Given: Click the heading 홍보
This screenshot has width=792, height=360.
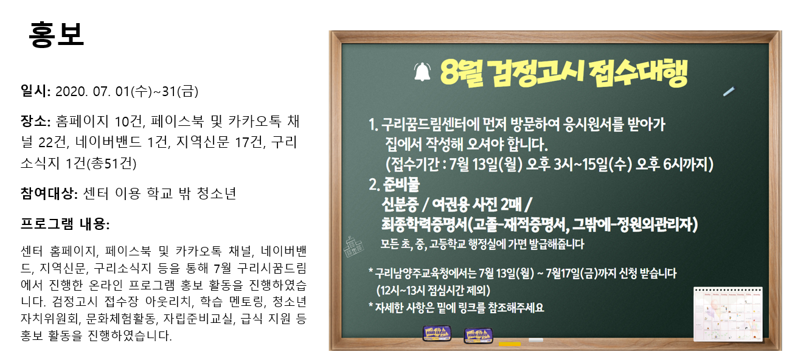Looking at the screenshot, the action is (x=57, y=34).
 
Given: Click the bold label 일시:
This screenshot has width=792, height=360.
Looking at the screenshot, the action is (x=36, y=91).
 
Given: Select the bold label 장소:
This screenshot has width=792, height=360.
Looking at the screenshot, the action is (x=36, y=121).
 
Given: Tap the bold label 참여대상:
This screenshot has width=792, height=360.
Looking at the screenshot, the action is (x=49, y=193).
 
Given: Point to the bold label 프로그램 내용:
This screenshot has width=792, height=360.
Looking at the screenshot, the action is (x=65, y=224).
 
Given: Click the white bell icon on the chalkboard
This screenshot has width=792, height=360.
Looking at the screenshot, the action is (x=422, y=72).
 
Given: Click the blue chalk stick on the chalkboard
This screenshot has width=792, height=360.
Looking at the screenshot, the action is (x=729, y=92).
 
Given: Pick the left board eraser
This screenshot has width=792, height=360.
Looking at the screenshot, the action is (x=437, y=333).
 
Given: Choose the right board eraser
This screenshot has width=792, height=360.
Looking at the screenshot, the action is (x=478, y=336).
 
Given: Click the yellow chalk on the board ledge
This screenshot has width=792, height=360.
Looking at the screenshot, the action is (x=510, y=344).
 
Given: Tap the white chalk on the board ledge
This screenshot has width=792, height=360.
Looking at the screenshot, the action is (x=536, y=340).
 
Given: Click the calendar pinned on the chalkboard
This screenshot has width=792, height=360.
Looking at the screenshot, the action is (x=728, y=314).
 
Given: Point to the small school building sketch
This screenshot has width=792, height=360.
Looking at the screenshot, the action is (x=353, y=246).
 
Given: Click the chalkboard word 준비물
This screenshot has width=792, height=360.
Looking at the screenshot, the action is (x=401, y=184).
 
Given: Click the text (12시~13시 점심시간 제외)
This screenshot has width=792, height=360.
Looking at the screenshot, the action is (x=433, y=291).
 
